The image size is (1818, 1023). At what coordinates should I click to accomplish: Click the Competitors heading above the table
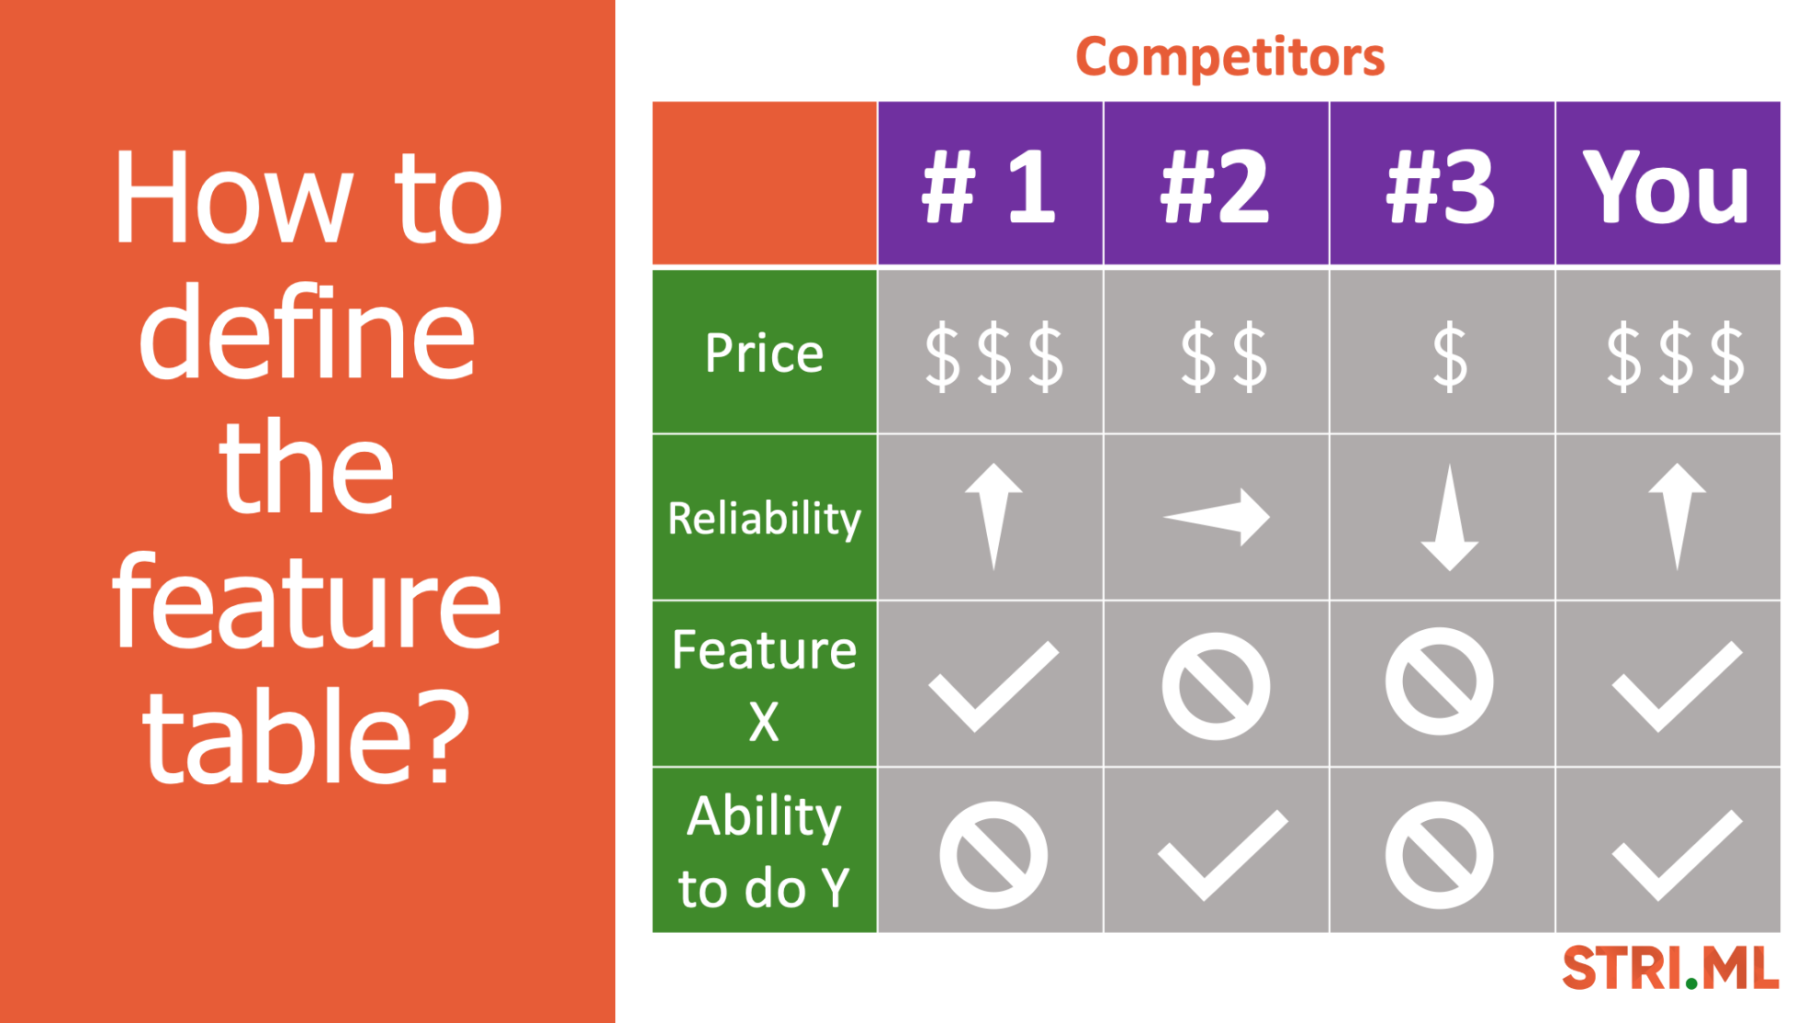point(1229,57)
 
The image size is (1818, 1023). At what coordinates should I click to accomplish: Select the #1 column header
point(989,186)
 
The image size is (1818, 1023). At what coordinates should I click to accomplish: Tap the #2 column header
point(1215,186)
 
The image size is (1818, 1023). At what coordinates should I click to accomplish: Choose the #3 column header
point(1441,186)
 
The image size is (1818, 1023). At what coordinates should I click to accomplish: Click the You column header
point(1666,186)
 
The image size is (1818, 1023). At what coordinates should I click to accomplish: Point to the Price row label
point(764,353)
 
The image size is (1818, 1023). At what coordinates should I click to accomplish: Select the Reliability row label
point(764,518)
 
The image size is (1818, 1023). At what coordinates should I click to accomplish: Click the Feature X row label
point(764,685)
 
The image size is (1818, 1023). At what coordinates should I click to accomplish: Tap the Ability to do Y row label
point(764,851)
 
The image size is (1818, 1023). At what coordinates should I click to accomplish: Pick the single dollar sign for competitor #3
point(1450,356)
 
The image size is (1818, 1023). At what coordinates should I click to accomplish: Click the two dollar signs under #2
point(1223,356)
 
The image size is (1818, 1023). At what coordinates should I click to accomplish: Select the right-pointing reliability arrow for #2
point(1218,517)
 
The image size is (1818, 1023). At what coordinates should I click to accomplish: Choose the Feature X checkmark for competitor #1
point(993,687)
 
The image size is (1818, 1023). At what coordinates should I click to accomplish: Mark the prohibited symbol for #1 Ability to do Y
point(993,855)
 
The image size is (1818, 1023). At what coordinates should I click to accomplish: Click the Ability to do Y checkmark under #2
point(1223,855)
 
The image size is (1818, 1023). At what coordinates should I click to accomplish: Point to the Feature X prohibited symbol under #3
point(1440,682)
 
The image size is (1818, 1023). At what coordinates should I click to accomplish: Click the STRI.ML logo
point(1670,968)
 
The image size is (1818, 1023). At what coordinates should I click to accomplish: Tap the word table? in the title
point(306,737)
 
